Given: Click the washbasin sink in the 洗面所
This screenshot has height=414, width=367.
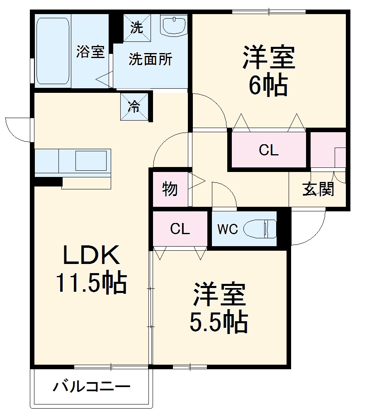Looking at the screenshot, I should coord(175,25).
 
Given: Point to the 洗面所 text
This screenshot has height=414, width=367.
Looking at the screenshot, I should coord(150,60).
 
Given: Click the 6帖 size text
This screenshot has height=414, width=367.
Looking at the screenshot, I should coord(268,86).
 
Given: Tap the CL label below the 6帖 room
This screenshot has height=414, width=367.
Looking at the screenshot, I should coord(269,150).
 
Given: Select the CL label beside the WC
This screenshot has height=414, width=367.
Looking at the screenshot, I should coord(180,229).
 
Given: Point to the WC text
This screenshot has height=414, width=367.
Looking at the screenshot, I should coord(228,229).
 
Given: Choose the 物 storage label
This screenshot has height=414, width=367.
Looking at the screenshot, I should coord(170,189).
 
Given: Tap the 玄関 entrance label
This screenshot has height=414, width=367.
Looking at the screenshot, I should coord(318,189).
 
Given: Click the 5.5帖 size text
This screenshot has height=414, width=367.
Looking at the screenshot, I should coord(219,321).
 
